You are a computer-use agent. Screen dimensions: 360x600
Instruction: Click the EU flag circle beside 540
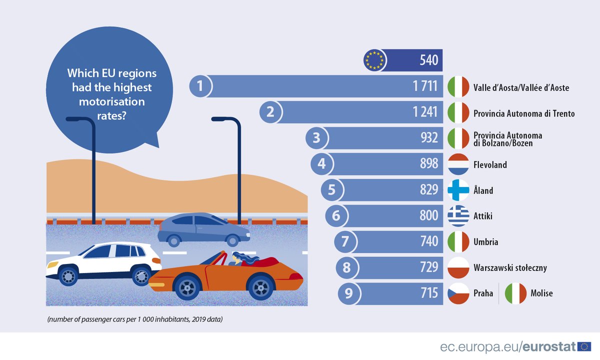point(375,60)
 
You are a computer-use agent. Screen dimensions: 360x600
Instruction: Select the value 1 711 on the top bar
point(425,86)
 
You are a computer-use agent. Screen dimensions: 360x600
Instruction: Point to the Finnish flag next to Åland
point(457,190)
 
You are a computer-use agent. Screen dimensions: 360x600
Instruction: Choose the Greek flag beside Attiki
point(457,216)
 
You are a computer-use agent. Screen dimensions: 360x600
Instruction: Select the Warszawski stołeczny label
point(510,268)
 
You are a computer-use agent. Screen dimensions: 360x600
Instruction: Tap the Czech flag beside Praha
point(457,293)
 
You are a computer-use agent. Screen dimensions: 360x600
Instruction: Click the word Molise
point(542,293)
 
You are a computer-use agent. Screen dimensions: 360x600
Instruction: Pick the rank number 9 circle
point(348,293)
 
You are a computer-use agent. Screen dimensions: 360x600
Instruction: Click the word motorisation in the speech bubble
point(111,102)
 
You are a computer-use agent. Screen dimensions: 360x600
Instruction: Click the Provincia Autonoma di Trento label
point(524,113)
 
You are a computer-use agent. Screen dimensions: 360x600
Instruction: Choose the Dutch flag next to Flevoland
point(457,164)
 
